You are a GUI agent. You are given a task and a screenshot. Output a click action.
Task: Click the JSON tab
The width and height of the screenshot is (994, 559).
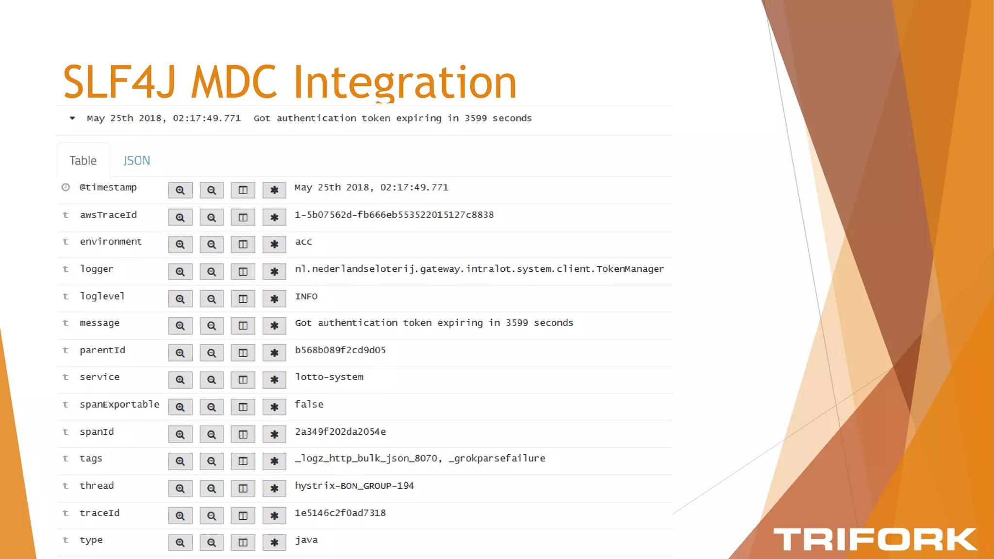coord(136,161)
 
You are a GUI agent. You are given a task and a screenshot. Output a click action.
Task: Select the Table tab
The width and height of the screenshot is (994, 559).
coord(83,161)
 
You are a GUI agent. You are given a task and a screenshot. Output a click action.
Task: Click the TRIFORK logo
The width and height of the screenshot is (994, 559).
coord(875,540)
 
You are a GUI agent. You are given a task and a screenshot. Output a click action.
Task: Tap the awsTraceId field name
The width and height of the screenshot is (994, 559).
coord(108,215)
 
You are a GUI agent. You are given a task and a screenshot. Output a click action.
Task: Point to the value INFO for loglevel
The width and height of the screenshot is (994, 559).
coord(306,296)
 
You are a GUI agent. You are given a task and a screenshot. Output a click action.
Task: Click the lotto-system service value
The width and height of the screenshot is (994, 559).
coord(329,377)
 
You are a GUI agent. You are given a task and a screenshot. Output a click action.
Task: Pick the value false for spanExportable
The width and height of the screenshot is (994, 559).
coord(309,404)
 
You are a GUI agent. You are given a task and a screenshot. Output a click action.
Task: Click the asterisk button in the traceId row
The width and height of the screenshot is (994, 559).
coord(274,516)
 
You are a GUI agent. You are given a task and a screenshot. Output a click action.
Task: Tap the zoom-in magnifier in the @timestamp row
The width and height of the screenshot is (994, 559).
coord(180,190)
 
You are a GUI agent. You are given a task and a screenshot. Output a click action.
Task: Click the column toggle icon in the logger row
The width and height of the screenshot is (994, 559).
coord(243,272)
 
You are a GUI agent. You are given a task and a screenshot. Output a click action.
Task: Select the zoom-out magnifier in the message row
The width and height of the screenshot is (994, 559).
coord(211,326)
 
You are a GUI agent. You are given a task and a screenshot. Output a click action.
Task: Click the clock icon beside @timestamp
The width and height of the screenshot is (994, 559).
coord(66,187)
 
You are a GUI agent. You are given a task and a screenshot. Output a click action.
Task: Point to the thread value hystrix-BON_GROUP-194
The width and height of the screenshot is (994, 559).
coord(354,486)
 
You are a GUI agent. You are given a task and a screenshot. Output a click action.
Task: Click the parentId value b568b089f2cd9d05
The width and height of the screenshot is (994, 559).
coord(340,350)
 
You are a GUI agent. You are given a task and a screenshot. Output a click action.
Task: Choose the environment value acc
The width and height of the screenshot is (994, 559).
coord(303,242)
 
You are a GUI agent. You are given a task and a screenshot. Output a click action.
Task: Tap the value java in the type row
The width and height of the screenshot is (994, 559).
coord(306,540)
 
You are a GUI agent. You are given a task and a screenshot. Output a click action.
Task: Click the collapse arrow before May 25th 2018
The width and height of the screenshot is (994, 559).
coord(72,118)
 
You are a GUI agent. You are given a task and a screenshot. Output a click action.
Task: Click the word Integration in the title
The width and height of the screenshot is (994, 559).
coord(405,82)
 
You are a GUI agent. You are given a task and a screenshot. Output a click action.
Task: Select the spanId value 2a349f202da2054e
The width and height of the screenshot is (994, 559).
coord(340,432)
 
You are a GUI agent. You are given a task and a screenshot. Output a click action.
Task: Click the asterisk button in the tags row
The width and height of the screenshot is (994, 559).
coord(274,461)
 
